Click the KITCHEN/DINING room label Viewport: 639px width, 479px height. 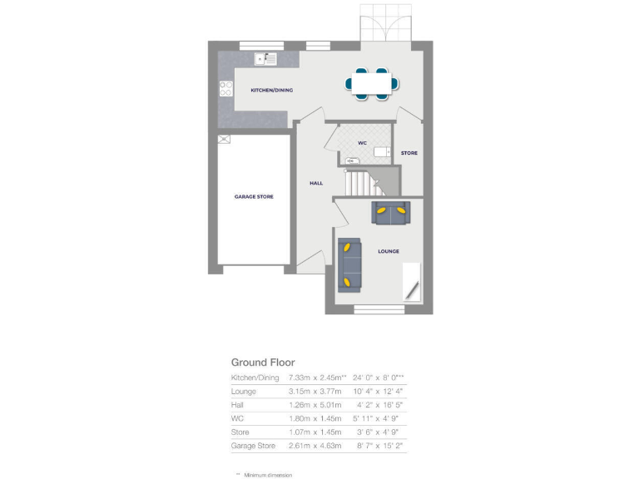pos(271,90)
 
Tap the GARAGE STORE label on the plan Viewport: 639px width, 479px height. pos(254,196)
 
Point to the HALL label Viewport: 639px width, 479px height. pos(316,183)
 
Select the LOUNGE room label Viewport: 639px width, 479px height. pos(388,251)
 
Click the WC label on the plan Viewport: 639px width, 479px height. pos(362,143)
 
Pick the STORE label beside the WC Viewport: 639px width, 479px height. pos(409,153)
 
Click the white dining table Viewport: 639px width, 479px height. pos(371,83)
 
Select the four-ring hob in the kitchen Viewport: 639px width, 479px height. pos(225,88)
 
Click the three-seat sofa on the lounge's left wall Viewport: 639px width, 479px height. pos(349,265)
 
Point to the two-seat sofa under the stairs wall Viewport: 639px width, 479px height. pos(389,212)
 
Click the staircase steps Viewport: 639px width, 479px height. pos(359,182)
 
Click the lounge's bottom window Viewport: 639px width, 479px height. pos(379,309)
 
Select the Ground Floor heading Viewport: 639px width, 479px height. pos(262,363)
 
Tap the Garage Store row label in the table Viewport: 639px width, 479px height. pos(253,446)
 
